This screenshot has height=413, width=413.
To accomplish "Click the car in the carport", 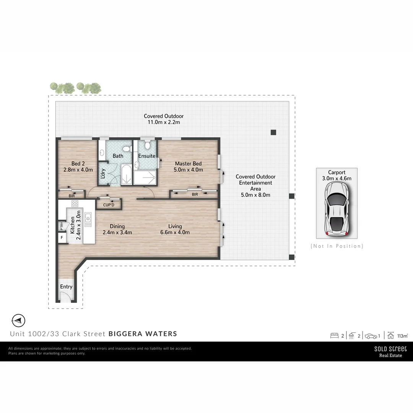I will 337,208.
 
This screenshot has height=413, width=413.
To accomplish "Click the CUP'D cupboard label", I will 109,205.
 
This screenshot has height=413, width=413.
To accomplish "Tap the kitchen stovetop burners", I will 75,203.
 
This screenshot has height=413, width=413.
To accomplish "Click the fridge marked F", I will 62,237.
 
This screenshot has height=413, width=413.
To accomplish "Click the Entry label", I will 66,287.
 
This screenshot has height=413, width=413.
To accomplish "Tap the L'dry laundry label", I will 102,174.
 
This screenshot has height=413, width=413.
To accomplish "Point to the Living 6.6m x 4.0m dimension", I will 175,232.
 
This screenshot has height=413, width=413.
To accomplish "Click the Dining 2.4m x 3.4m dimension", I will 117,232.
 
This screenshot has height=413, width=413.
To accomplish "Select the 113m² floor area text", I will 402,336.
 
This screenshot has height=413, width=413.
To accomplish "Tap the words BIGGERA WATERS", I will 143,333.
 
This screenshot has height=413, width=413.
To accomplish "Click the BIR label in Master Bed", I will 195,195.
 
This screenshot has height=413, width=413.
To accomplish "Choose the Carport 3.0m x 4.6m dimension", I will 337,178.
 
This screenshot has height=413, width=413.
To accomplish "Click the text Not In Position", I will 337,246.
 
